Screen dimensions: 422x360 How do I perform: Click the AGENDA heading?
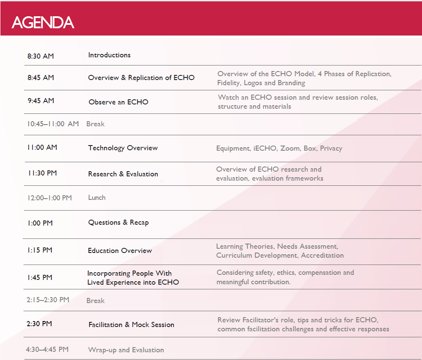coord(43,22)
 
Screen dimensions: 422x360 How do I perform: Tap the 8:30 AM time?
coord(41,56)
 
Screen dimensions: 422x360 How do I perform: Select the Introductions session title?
coord(109,55)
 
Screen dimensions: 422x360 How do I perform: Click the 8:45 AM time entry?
coord(41,78)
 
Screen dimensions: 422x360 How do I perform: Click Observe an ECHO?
coord(118,102)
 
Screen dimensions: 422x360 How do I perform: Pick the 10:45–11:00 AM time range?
coord(53,124)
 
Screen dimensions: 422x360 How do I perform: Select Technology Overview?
coord(123,148)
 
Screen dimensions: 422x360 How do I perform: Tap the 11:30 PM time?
coord(42,173)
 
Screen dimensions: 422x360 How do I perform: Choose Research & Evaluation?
coord(123,174)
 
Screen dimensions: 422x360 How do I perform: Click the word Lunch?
coord(97,198)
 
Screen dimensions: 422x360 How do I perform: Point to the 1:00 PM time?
coord(40,223)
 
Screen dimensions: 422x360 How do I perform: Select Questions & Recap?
coord(118,223)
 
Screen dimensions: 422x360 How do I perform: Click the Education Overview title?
coord(120,250)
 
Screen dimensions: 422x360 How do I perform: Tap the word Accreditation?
coord(323,256)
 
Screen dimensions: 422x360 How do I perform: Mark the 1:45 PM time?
coord(40,277)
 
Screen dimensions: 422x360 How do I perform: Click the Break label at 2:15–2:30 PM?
coord(96,300)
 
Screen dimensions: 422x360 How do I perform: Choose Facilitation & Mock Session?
coord(132,325)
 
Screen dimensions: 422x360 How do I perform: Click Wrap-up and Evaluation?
coord(126,350)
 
